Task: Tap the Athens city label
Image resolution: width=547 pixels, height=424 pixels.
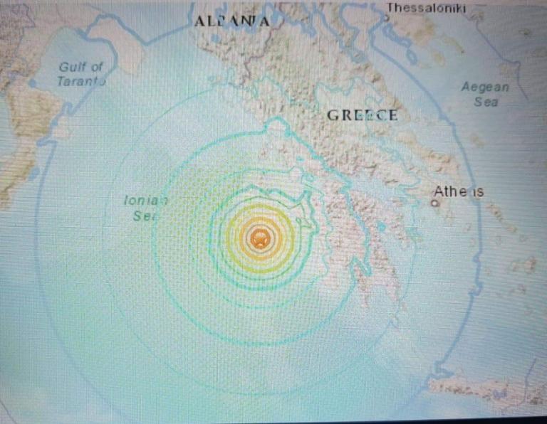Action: pyautogui.click(x=459, y=191)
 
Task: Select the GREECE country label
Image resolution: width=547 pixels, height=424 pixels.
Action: pyautogui.click(x=362, y=115)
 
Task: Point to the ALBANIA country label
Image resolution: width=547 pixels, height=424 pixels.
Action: pyautogui.click(x=231, y=22)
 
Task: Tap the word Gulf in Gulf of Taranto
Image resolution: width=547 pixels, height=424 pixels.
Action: pyautogui.click(x=71, y=67)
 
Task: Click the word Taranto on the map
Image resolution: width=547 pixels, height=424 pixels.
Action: pyautogui.click(x=81, y=81)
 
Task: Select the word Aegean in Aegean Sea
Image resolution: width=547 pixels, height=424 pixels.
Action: pyautogui.click(x=485, y=88)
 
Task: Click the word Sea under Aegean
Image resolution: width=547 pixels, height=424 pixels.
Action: pyautogui.click(x=486, y=102)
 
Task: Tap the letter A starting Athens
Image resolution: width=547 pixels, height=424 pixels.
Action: pyautogui.click(x=439, y=191)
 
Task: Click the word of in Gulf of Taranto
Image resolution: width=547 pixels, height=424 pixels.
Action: pyautogui.click(x=97, y=67)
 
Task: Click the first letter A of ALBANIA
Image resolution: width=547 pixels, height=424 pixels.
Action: pyautogui.click(x=199, y=22)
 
